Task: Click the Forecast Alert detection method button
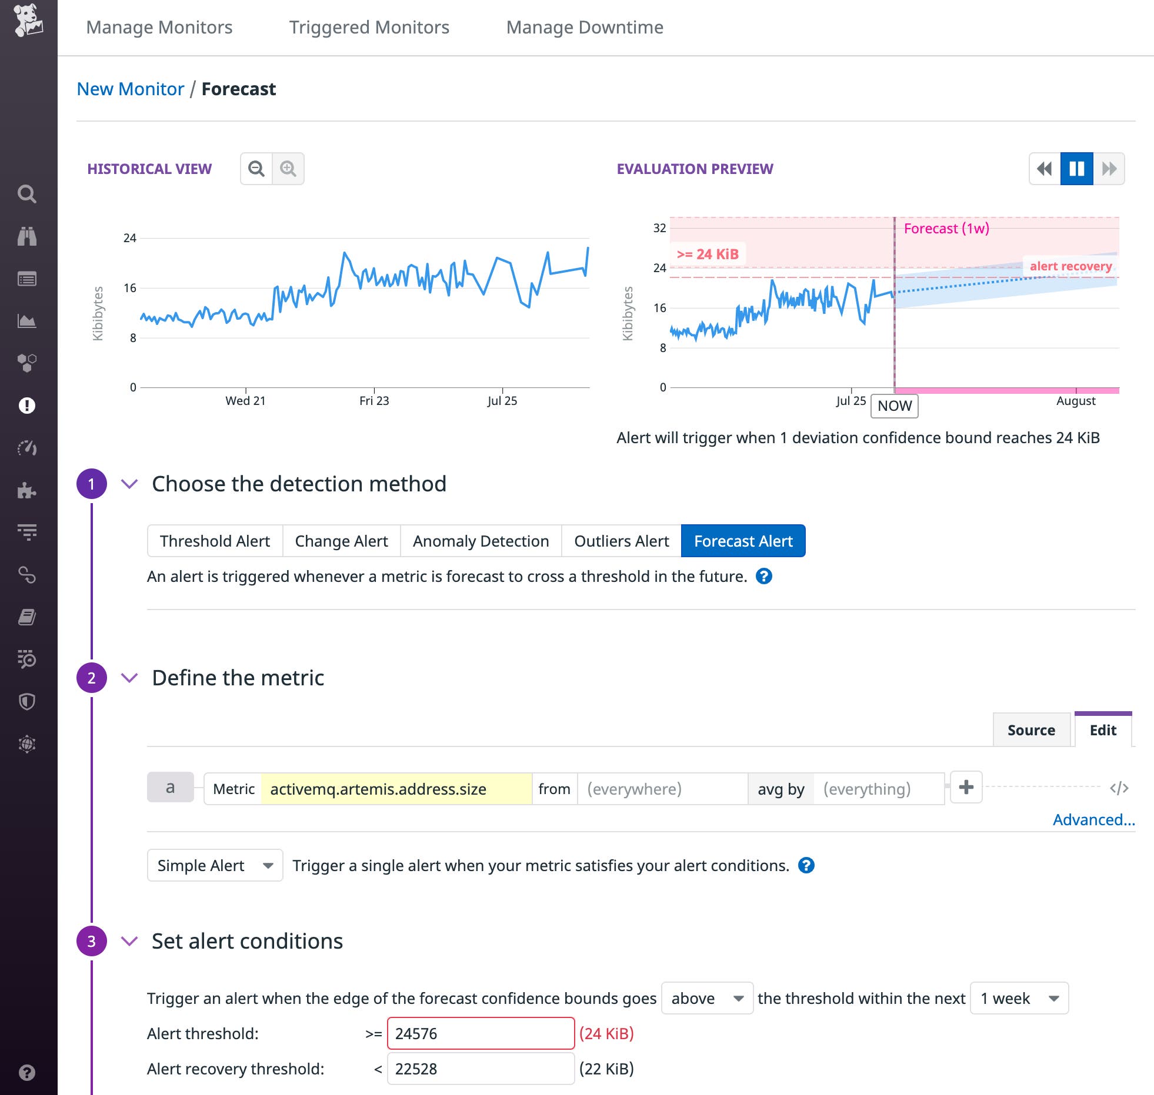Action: tap(743, 541)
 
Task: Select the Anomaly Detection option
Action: tap(481, 541)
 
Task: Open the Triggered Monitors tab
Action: tap(369, 27)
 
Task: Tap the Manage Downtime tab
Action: tap(585, 27)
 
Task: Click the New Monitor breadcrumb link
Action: tap(131, 89)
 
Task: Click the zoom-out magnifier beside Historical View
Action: tap(256, 169)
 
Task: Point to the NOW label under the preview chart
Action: tap(894, 406)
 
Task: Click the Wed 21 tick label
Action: tap(245, 401)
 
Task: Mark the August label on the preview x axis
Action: tap(1076, 401)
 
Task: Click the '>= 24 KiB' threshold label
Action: tap(708, 254)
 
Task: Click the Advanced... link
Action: tap(1093, 820)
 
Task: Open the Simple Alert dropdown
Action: tap(215, 865)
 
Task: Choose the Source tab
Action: tap(1031, 730)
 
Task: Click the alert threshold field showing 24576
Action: tap(480, 1033)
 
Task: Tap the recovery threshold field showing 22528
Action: tap(480, 1069)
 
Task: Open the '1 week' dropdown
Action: tap(1019, 998)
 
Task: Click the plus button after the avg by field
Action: tap(966, 788)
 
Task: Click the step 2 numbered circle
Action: tap(92, 678)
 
